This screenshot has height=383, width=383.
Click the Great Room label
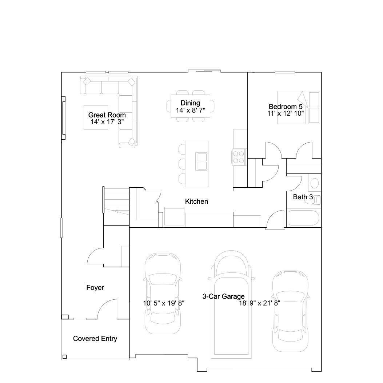point(107,115)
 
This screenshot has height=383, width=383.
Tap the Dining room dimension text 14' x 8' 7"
point(191,111)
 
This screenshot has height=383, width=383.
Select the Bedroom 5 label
point(286,107)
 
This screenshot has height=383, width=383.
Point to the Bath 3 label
point(303,197)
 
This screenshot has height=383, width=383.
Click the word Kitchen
point(196,201)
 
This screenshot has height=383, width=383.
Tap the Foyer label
point(95,287)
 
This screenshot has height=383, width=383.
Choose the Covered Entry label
point(95,339)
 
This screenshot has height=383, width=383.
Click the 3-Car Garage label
point(223,296)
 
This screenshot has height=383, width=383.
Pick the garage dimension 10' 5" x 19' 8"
point(164,303)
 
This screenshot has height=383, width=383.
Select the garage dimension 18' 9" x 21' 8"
point(259,303)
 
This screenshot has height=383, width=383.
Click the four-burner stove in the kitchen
point(239,157)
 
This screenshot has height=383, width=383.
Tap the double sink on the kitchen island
point(202,161)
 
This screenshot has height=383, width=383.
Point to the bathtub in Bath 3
point(304,218)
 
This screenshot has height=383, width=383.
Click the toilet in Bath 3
point(314,200)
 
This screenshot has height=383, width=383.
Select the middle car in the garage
point(231,304)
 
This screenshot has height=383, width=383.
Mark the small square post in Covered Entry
point(64,356)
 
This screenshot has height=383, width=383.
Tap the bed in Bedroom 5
point(299,107)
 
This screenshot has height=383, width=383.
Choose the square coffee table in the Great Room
point(96,117)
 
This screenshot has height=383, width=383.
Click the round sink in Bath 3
point(314,183)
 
